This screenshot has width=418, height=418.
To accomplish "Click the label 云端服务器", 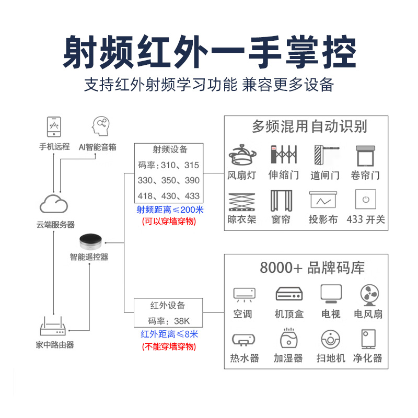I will [55, 224].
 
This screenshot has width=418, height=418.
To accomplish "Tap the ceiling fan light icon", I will [242, 155].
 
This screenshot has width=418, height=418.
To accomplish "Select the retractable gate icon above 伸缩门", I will [283, 155].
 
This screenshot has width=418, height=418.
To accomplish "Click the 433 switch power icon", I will [366, 199].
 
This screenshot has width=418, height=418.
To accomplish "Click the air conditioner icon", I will [243, 294].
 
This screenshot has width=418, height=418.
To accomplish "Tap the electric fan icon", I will [369, 295].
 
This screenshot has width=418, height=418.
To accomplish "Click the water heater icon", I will [243, 340].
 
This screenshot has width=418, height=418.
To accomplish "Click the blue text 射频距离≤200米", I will [170, 210].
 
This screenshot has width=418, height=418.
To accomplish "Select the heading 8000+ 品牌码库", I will [312, 268].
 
